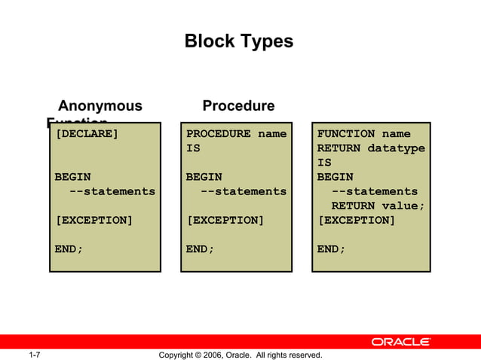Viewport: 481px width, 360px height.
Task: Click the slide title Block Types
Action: click(x=239, y=41)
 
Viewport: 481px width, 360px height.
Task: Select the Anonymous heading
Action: click(x=100, y=106)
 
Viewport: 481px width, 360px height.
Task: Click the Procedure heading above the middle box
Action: click(x=238, y=106)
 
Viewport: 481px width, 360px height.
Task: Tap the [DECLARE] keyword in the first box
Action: click(x=87, y=134)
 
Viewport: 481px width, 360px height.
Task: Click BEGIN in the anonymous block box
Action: click(x=72, y=177)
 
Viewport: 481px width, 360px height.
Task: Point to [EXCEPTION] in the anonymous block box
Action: click(x=93, y=220)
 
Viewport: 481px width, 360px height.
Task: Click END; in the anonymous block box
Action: click(x=69, y=249)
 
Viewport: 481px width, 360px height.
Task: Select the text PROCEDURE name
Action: click(x=236, y=134)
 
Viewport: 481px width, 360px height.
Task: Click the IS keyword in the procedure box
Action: click(x=193, y=148)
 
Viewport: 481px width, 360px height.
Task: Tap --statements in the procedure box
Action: click(x=243, y=191)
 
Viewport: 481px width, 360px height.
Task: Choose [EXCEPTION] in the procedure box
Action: click(x=225, y=220)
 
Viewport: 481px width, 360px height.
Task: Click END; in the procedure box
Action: click(x=200, y=249)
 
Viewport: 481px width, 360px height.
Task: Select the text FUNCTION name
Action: click(x=363, y=134)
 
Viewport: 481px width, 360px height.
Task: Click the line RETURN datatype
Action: click(x=371, y=148)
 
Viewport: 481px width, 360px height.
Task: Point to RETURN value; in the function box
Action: click(x=378, y=206)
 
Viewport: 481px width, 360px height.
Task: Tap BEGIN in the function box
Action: click(x=335, y=177)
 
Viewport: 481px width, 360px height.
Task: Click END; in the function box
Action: click(x=331, y=249)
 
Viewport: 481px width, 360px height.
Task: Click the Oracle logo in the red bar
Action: click(x=400, y=342)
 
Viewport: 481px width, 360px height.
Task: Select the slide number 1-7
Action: click(x=34, y=355)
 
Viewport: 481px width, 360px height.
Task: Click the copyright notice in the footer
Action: click(x=240, y=355)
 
